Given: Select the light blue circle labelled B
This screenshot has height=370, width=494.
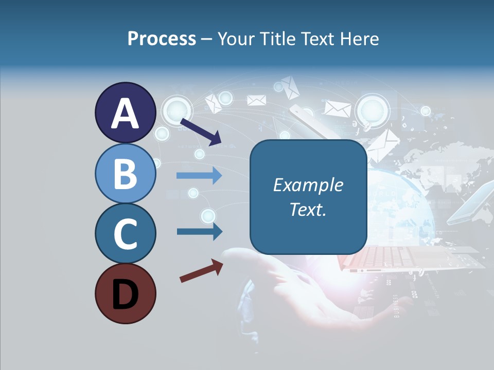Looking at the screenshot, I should pos(125,173).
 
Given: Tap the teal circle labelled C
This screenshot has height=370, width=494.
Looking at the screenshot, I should pos(125,234).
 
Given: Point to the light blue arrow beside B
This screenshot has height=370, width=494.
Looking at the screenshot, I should pos(199,176).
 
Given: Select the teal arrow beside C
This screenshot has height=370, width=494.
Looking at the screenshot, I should pos(200,232).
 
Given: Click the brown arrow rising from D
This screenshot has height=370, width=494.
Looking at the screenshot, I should pos(201,271).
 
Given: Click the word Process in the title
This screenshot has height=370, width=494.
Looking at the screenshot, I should pos(162,39).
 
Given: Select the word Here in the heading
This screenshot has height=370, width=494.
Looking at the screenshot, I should pos(360,39).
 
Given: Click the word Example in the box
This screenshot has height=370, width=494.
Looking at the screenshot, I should pos(308,185).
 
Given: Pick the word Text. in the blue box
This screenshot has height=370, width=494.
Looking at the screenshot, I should pos(308,209).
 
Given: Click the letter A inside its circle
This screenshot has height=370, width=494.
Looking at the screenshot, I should pos(125,114).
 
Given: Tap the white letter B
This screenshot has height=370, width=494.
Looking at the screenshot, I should pos(125,174).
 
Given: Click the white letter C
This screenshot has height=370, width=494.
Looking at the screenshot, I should pos(125,234).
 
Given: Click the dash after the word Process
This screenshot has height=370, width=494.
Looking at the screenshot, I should pos(207,39).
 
